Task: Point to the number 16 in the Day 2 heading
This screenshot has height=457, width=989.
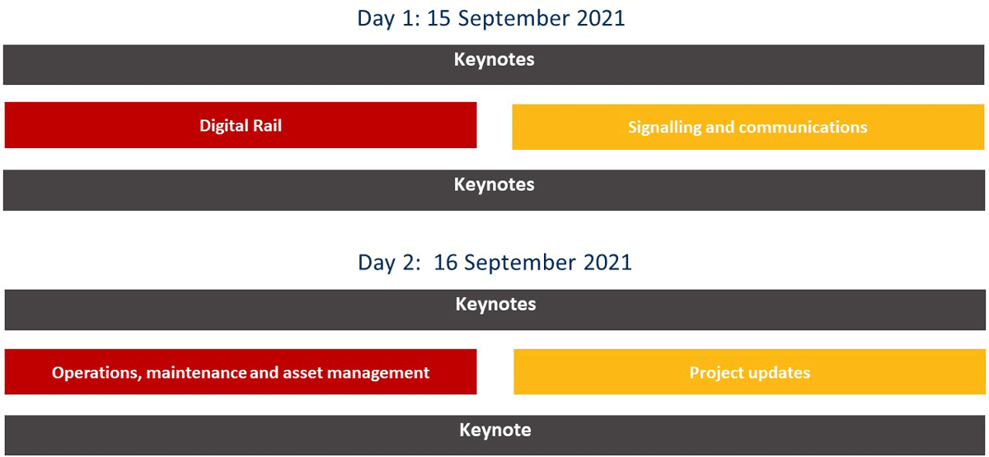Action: click(445, 263)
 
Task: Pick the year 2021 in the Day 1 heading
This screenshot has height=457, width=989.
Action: click(601, 18)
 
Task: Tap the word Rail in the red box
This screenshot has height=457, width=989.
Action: click(267, 126)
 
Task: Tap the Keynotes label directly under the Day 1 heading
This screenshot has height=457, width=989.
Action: click(494, 60)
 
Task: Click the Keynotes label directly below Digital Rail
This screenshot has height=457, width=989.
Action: click(494, 185)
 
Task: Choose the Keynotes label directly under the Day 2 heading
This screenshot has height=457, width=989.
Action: click(495, 305)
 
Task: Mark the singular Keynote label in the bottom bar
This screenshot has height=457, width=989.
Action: click(495, 430)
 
